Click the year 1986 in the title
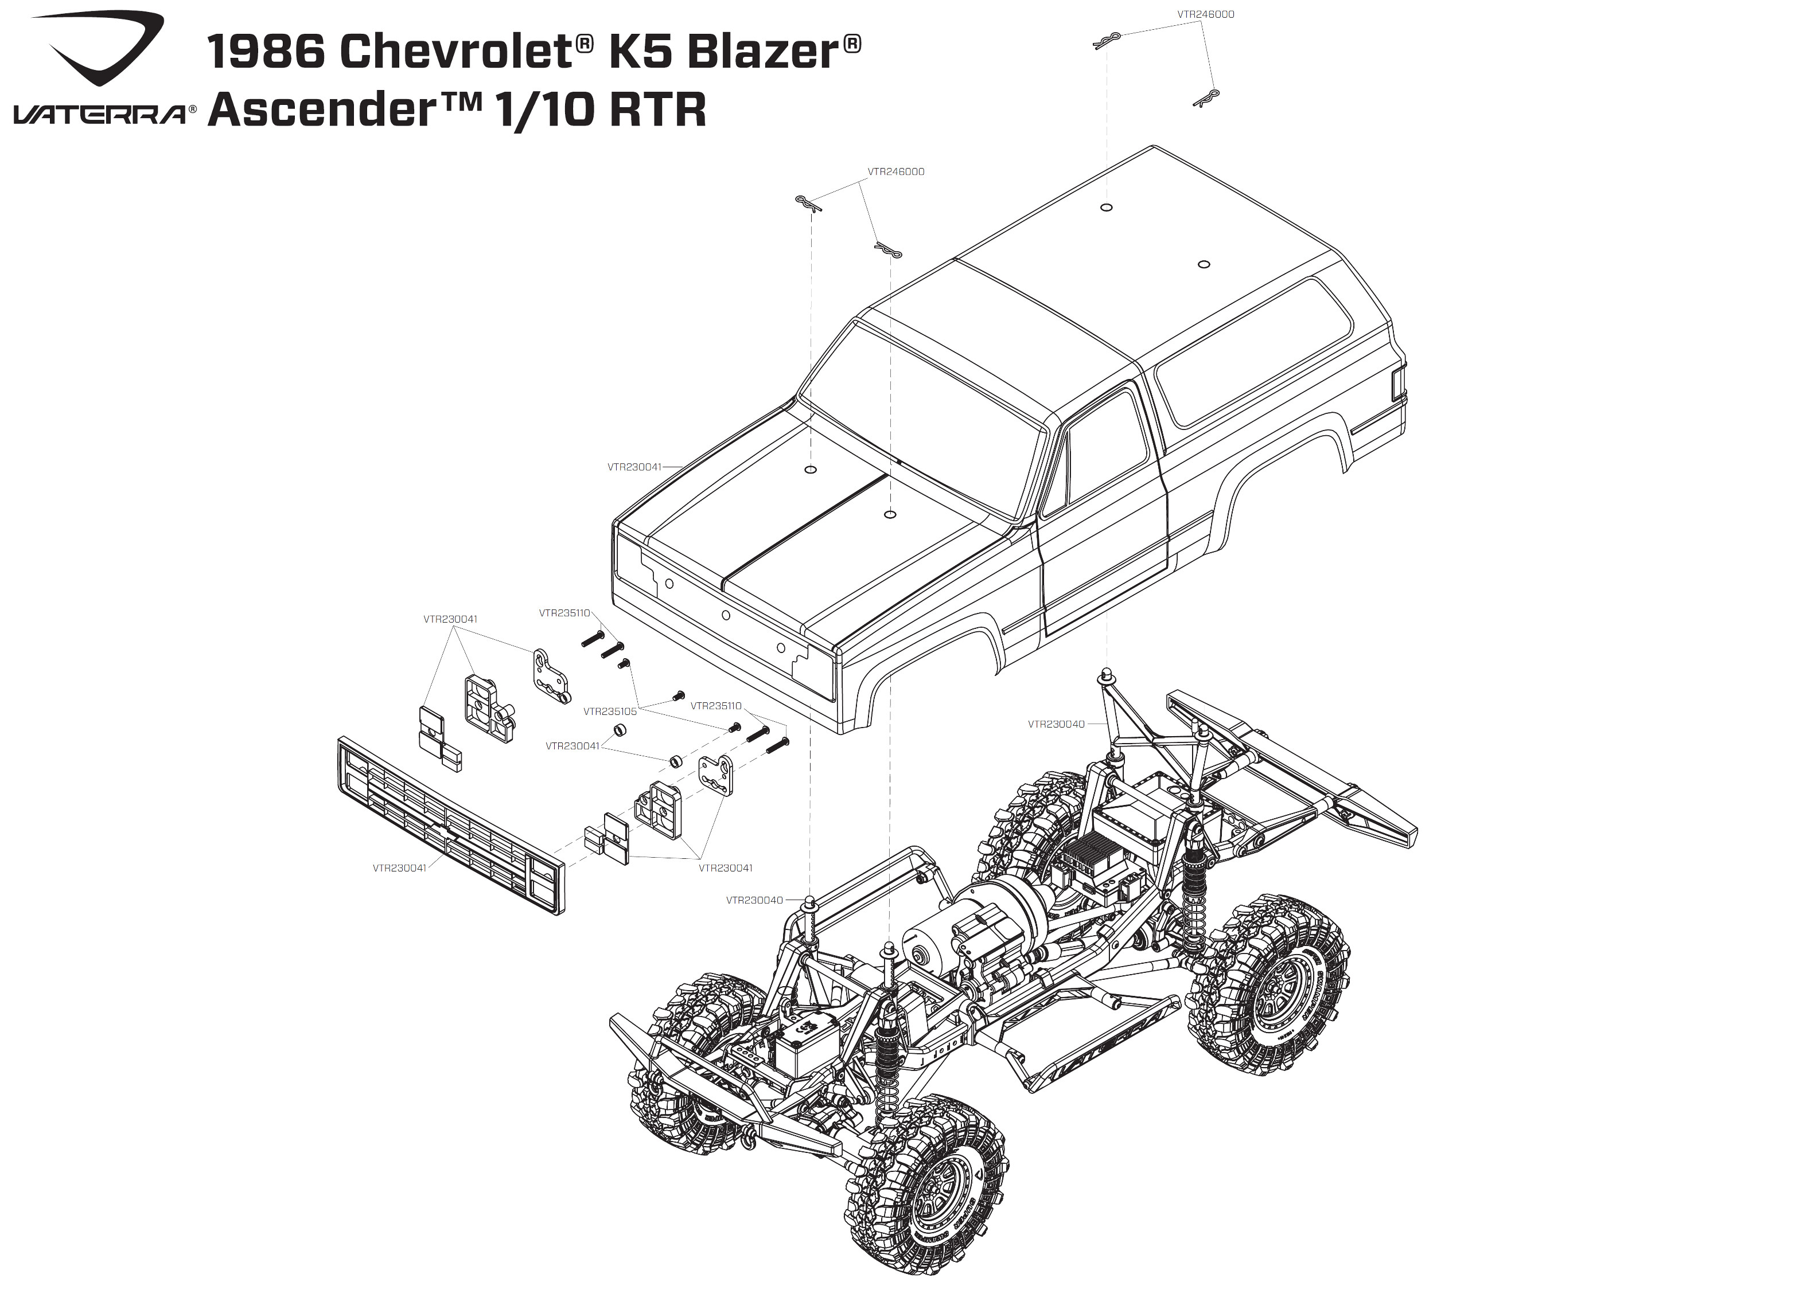tap(266, 52)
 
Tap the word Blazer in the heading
tap(763, 52)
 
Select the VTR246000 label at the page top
tap(1205, 14)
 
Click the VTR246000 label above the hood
tap(895, 171)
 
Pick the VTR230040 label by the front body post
tap(755, 900)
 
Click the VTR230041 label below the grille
tap(400, 868)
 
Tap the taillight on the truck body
tap(1399, 383)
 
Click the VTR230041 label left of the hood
tap(634, 467)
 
